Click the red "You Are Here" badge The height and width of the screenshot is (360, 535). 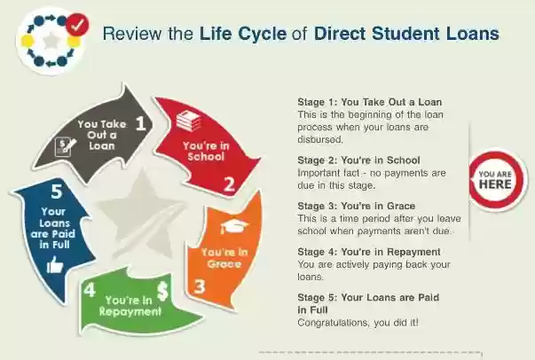pos(496,180)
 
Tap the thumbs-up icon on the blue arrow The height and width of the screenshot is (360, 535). pos(55,265)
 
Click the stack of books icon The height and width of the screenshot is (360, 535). pos(188,121)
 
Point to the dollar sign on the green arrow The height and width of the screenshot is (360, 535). pos(162,292)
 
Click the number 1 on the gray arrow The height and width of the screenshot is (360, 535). pos(140,122)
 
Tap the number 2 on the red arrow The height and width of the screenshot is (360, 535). pos(229,184)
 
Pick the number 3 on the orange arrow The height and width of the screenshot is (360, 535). pos(200,286)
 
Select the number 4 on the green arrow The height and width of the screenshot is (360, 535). pos(90,290)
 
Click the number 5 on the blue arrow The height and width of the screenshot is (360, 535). pos(57,191)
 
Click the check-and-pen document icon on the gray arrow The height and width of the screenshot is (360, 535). pos(65,147)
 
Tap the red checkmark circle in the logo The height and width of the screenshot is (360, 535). pos(77,24)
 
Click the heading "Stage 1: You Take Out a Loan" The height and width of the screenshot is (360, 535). pos(369,102)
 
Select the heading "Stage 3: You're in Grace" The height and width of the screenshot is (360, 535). pos(356,206)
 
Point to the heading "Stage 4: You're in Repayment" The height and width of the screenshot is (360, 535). pos(369,252)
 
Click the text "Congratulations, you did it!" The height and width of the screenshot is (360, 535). pos(358,322)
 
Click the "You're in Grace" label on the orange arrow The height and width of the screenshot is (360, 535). pos(224,258)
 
